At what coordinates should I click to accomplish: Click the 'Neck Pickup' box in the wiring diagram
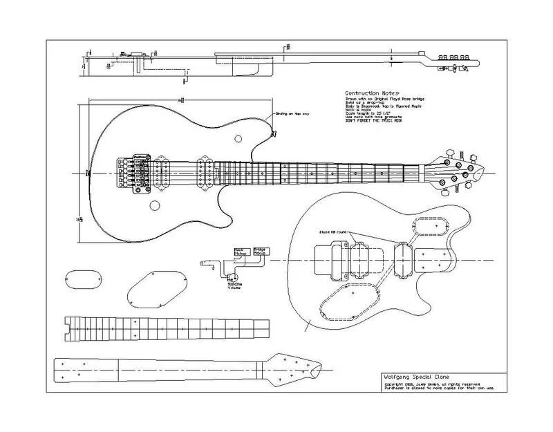tap(242, 252)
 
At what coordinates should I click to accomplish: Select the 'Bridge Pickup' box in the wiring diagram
tap(261, 252)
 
